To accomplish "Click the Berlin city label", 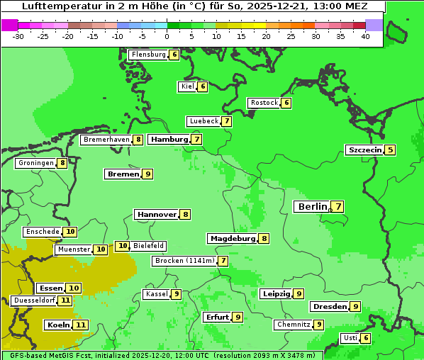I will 312,207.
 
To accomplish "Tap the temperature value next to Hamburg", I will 196,140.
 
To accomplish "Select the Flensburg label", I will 148,55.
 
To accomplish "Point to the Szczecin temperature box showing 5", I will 390,150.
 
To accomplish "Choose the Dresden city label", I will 329,307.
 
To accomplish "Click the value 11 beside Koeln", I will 81,325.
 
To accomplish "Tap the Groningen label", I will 36,163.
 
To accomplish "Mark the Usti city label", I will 350,338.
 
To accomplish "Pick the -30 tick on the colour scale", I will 18,36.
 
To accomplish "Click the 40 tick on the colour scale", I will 365,36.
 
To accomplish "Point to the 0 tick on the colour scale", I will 167,36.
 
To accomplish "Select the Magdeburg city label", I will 232,238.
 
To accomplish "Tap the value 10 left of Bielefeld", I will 123,246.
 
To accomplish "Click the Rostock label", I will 264,103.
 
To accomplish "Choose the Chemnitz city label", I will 294,325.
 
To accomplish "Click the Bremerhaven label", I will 106,140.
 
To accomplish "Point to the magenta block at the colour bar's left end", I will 9,25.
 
